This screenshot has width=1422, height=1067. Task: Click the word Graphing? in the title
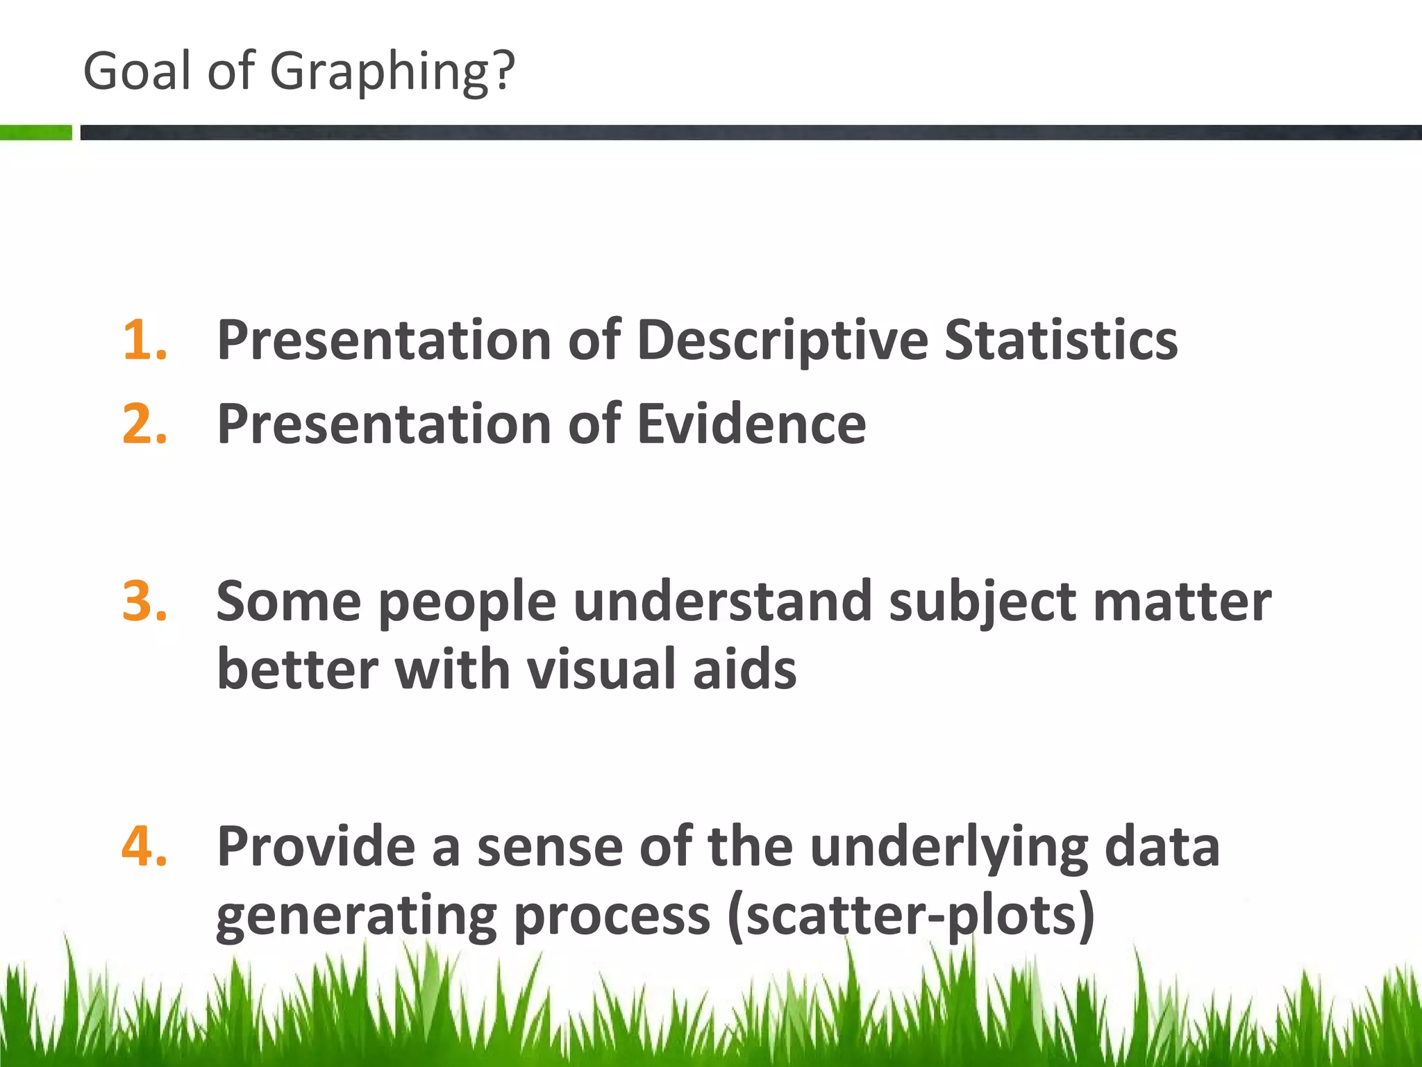tap(392, 72)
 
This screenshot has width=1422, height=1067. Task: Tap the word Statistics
tap(1061, 340)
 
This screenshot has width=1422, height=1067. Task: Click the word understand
tap(723, 601)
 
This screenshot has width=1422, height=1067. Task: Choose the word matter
tap(1182, 602)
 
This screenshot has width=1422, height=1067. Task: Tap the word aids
tap(744, 669)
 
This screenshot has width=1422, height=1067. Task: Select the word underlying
tap(948, 847)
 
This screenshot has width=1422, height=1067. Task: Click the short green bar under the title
tap(35, 132)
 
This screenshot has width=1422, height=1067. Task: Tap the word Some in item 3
tap(289, 601)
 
